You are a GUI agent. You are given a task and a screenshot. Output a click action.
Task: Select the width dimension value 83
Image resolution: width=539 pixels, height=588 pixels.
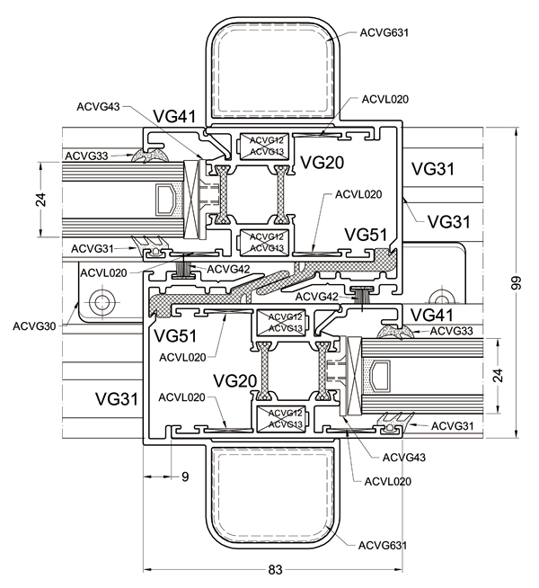[275, 569]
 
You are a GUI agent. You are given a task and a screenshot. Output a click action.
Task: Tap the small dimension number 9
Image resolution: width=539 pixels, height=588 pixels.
[185, 477]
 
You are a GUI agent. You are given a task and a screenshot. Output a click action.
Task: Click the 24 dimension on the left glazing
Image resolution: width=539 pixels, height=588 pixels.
[40, 201]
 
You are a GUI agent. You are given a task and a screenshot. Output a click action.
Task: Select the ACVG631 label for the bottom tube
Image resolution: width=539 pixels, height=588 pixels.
[383, 545]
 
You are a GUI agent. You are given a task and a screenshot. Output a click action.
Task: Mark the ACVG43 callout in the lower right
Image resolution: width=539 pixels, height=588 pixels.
[404, 458]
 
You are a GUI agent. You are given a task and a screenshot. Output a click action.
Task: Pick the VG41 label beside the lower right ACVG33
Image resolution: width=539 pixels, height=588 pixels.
[432, 314]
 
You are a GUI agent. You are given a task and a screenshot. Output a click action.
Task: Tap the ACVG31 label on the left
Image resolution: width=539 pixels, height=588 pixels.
[93, 247]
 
